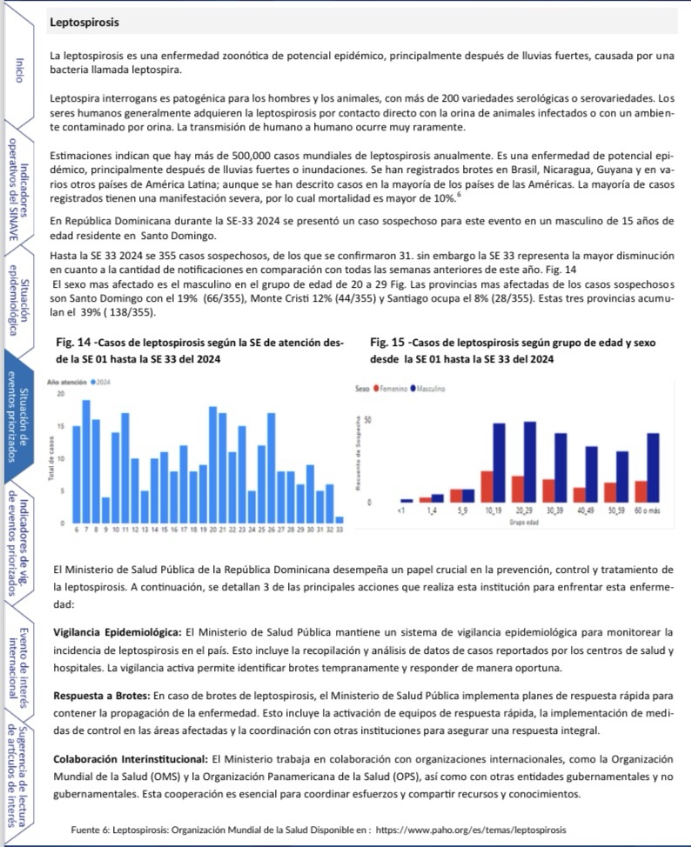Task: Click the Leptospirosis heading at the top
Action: click(84, 21)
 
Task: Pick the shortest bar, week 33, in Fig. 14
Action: click(339, 519)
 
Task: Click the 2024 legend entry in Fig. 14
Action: click(103, 382)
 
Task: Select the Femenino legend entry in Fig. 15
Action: click(392, 388)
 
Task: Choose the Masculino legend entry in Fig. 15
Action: click(430, 388)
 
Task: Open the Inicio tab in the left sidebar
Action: click(20, 70)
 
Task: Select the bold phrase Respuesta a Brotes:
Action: click(102, 695)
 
